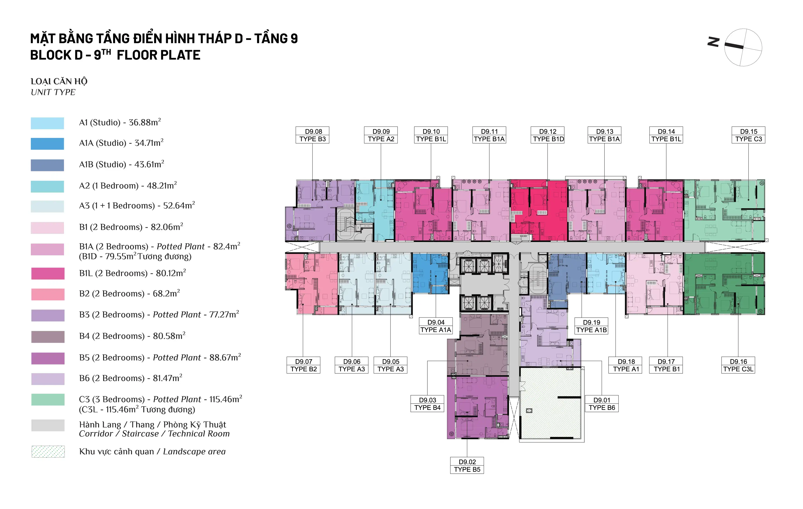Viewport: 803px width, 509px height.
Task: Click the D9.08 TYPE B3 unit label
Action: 313,135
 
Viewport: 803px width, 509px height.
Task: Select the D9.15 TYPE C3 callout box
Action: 749,135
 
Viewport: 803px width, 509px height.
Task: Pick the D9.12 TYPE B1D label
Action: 548,135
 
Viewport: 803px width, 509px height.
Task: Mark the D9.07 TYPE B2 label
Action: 303,365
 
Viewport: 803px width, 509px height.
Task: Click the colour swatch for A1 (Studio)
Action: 47,123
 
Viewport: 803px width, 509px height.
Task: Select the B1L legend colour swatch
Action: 48,273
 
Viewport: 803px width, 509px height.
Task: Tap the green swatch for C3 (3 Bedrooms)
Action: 48,399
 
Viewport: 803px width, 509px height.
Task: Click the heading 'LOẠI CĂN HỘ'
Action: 59,81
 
